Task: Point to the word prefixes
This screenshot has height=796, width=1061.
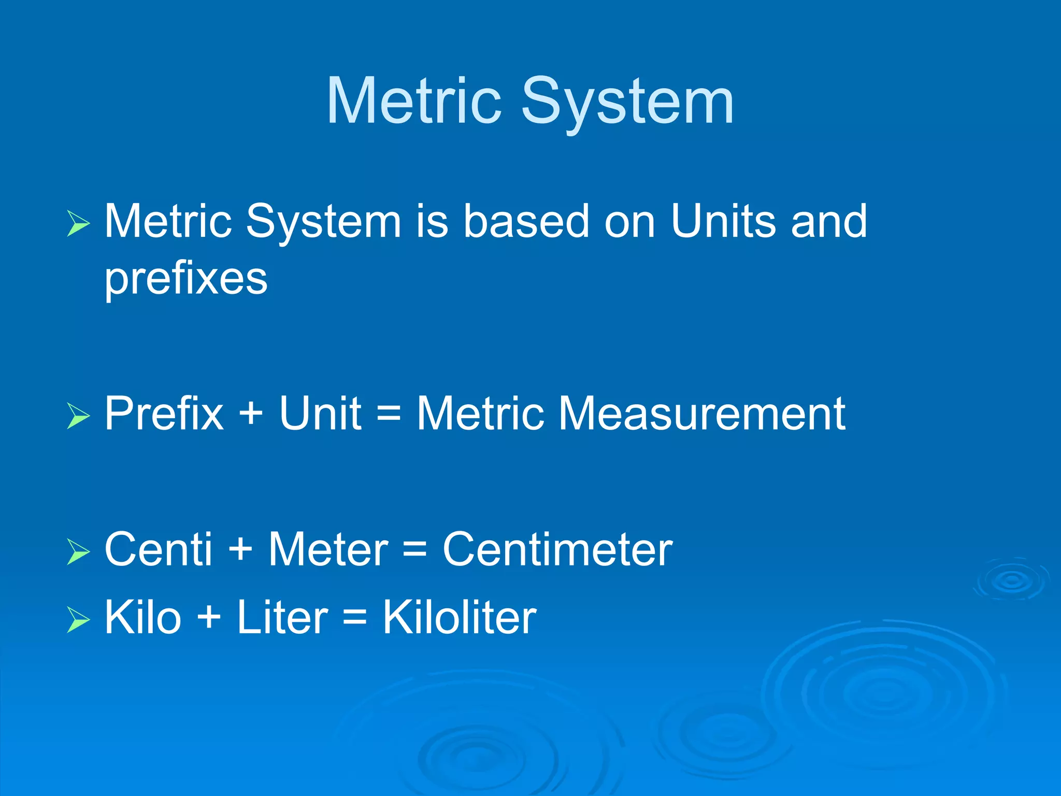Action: (186, 279)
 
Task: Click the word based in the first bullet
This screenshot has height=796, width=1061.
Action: (526, 221)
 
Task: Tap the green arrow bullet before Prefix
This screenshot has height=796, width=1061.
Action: (79, 416)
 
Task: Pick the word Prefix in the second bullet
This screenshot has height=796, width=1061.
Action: (164, 414)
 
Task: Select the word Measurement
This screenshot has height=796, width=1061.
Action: (701, 414)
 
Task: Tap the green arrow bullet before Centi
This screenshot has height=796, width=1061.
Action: (79, 551)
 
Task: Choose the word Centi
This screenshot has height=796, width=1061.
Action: (159, 549)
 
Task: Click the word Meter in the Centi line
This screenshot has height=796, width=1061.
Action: (328, 549)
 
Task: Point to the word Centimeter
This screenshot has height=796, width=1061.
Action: (557, 549)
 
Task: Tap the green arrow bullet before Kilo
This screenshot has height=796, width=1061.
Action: (79, 620)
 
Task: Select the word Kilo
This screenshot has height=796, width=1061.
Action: (143, 617)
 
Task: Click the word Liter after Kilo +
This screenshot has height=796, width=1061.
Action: (282, 617)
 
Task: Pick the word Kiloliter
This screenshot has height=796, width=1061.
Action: (460, 617)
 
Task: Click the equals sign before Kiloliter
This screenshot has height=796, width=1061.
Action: (355, 618)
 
